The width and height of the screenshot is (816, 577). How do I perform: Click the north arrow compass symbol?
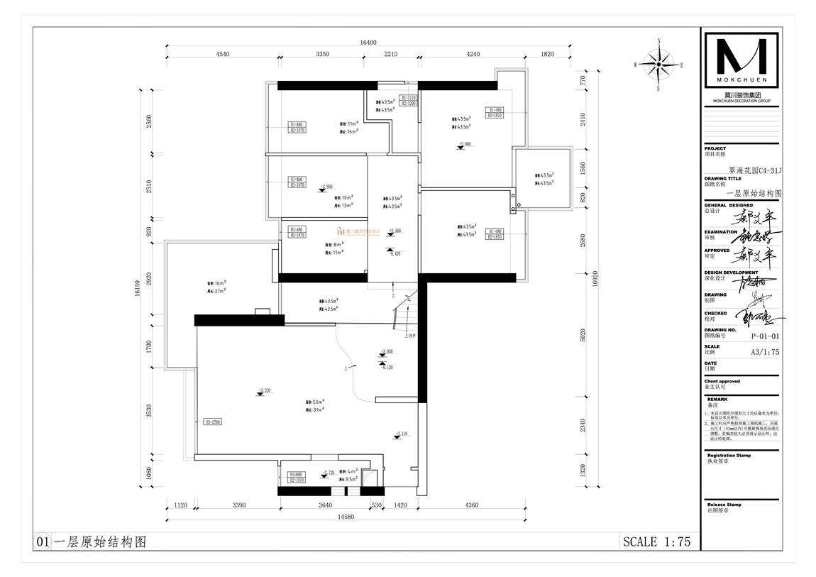659,64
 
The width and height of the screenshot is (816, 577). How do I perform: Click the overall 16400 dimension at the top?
368,43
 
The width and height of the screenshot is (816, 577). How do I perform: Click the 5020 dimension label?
583,334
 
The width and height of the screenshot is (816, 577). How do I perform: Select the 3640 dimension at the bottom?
325,505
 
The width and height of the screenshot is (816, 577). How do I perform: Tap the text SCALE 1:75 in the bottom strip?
656,542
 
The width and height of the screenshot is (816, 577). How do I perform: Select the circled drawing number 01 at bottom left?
42,542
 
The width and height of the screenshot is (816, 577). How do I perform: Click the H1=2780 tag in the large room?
213,422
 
